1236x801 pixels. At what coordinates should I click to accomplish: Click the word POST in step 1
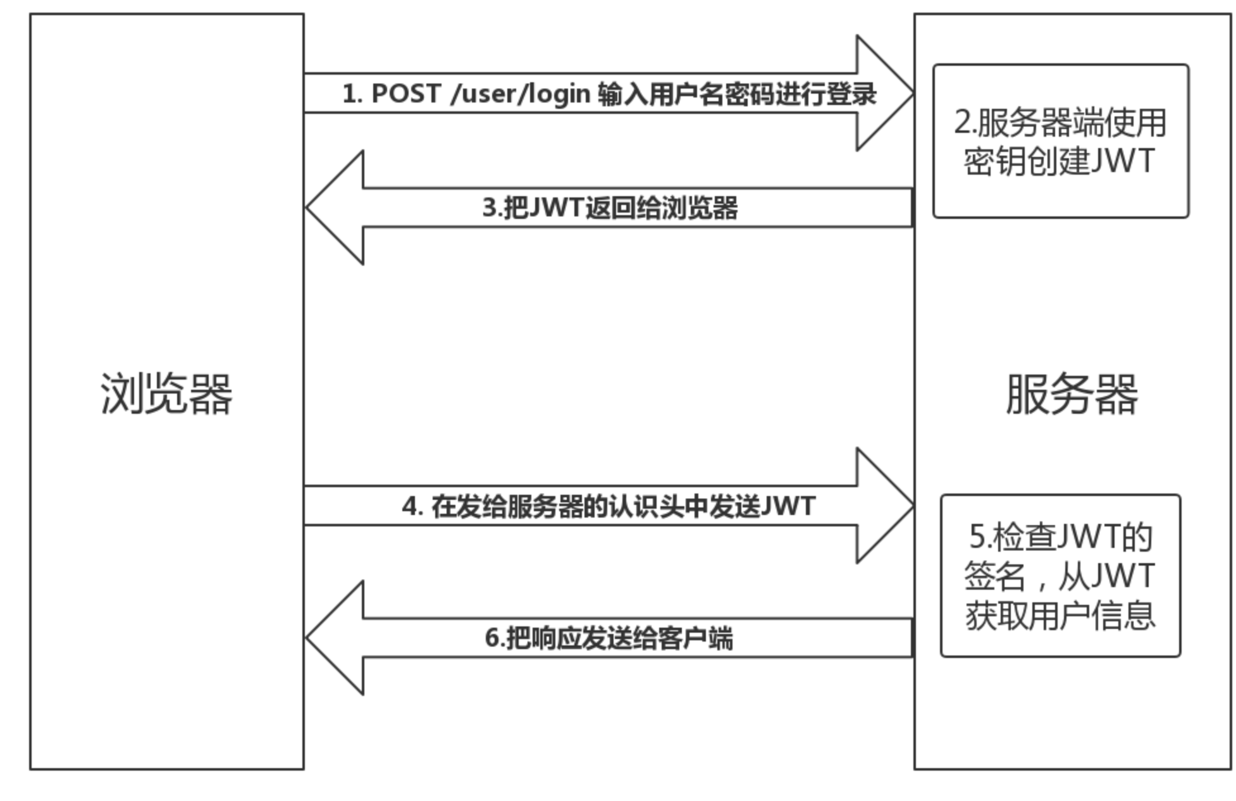405,94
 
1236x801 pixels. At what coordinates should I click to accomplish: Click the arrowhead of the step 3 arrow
336,208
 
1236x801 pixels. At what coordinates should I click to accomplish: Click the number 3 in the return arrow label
489,208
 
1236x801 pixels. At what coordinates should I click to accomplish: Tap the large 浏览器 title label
166,394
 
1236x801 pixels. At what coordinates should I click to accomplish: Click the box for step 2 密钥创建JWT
1061,140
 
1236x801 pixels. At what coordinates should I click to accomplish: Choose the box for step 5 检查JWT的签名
1060,576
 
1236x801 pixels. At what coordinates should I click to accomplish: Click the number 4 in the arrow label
410,506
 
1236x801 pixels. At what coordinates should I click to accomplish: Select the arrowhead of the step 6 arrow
336,638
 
